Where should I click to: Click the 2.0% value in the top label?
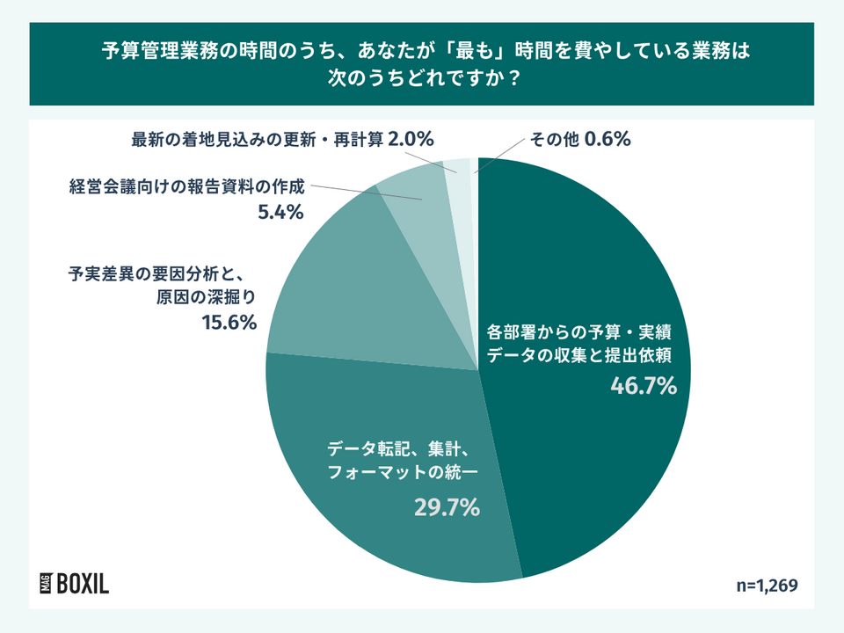[x=411, y=139]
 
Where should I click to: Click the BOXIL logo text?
[x=83, y=583]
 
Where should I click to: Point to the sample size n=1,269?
[x=767, y=585]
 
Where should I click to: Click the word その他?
[x=553, y=139]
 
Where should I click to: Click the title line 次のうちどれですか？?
[x=422, y=77]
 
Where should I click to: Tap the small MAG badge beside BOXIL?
[x=44, y=583]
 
